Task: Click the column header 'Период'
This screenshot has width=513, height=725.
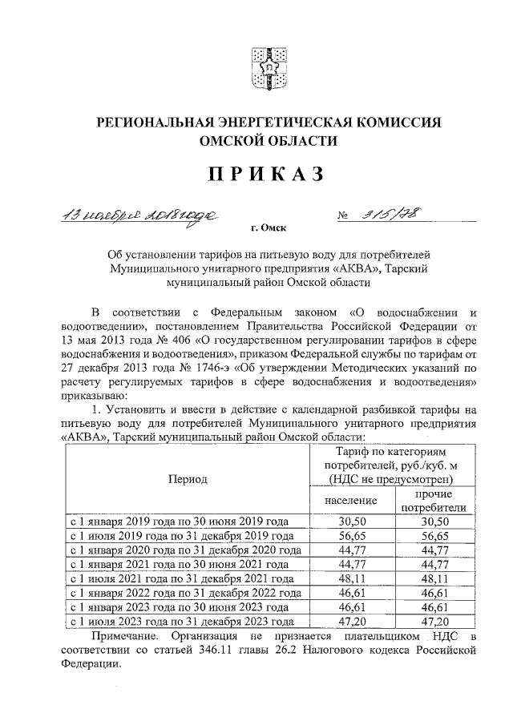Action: pos(188,479)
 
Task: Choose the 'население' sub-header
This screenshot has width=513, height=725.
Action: pos(350,500)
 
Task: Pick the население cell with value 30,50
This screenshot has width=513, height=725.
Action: pos(350,521)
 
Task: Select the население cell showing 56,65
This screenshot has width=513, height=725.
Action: pos(350,535)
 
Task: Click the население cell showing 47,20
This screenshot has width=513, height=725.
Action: pos(350,621)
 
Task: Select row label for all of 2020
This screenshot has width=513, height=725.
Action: pos(186,550)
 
